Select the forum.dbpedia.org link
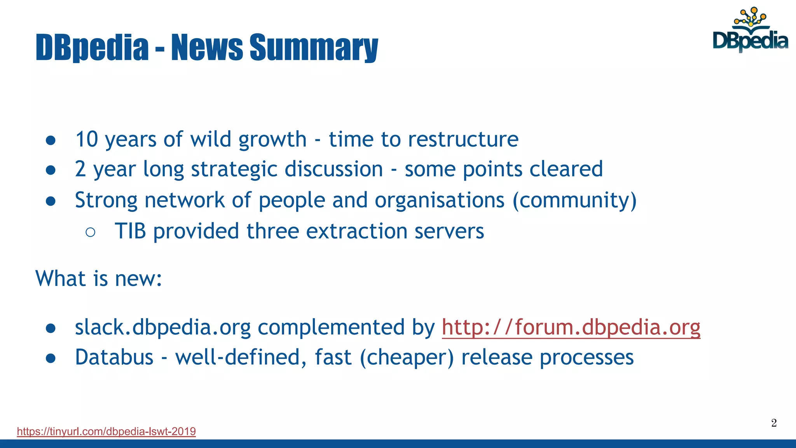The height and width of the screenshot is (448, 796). pos(571,327)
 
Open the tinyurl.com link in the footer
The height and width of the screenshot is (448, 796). pos(106,431)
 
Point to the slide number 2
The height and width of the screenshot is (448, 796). pos(774,423)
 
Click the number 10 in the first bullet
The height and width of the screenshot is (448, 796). pos(86,139)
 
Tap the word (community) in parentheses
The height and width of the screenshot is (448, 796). pos(574,200)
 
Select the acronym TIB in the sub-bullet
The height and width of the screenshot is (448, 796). pos(130,231)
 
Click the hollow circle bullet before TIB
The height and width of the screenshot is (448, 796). pos(90,232)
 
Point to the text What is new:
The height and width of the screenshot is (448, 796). pos(99,278)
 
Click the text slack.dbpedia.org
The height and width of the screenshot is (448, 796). pos(162,327)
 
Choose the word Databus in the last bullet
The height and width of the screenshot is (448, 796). pos(114,357)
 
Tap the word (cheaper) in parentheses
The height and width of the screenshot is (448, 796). pos(407,357)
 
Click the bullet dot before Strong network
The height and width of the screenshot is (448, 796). pos(51,201)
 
